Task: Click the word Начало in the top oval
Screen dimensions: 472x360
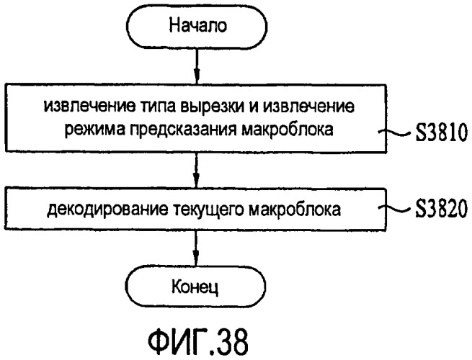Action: point(197,25)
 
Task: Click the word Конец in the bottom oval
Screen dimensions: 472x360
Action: point(195,287)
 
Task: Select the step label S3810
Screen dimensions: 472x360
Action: point(442,132)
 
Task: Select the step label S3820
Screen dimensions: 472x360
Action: point(442,208)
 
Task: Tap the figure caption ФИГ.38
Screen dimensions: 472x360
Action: point(198,342)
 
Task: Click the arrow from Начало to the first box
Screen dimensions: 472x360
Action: point(197,66)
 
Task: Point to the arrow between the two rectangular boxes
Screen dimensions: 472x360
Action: point(196,171)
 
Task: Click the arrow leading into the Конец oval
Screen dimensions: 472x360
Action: point(196,248)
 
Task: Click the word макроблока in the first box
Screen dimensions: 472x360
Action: point(288,130)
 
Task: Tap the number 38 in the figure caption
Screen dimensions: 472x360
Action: point(233,342)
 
